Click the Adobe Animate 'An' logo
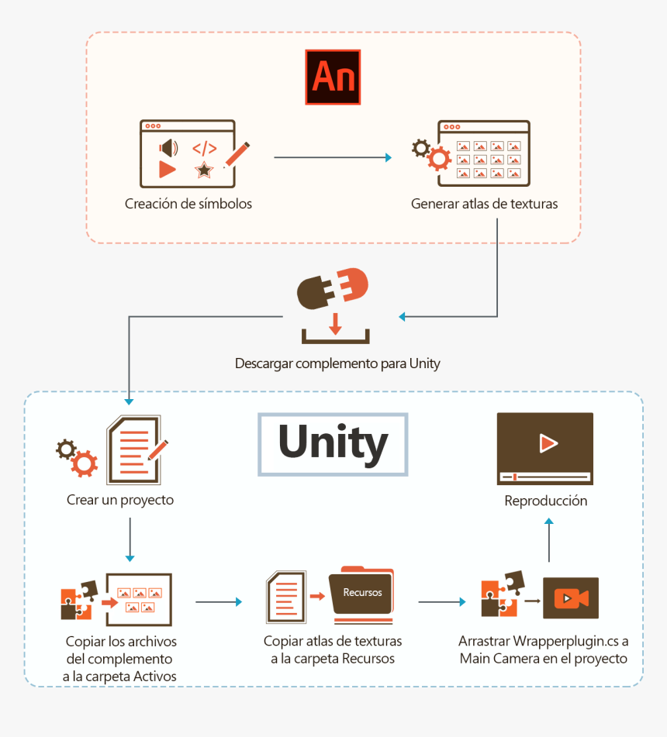[x=333, y=77]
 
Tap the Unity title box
[x=333, y=443]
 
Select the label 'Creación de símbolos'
[x=188, y=204]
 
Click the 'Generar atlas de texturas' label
[x=484, y=204]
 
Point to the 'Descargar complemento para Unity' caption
[x=337, y=363]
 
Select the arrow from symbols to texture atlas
[x=333, y=158]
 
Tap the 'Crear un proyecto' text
[x=120, y=500]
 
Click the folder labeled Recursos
[x=361, y=594]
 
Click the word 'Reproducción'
[x=545, y=501]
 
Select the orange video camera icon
[x=571, y=598]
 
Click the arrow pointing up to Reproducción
[x=549, y=540]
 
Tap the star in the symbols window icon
[x=204, y=169]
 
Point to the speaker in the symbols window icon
[x=168, y=148]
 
